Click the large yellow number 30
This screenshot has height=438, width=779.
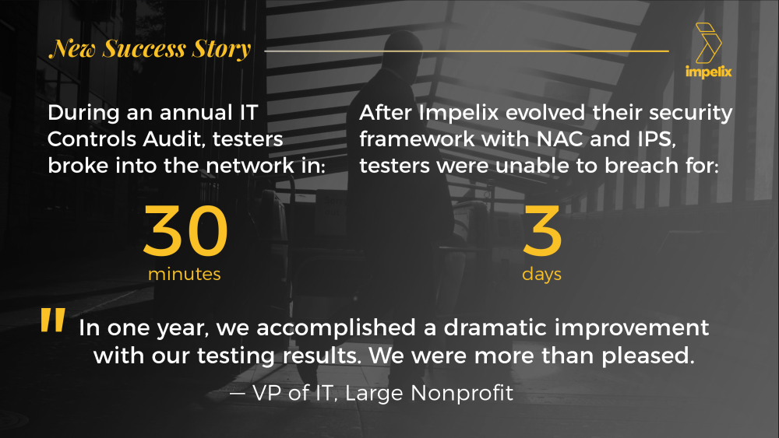click(185, 230)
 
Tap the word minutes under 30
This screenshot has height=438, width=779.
click(185, 274)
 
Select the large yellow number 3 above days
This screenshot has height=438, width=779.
click(542, 230)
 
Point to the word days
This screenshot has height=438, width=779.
click(541, 275)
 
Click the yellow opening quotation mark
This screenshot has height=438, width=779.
click(53, 320)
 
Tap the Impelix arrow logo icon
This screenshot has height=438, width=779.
click(708, 43)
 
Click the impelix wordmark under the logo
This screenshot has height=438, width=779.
click(708, 72)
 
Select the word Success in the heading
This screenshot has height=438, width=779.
click(144, 48)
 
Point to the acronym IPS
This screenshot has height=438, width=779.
click(656, 139)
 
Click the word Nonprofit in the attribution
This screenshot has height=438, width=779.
click(462, 393)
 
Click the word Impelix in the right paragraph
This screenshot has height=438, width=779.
click(459, 113)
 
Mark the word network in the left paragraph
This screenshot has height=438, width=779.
click(250, 165)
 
